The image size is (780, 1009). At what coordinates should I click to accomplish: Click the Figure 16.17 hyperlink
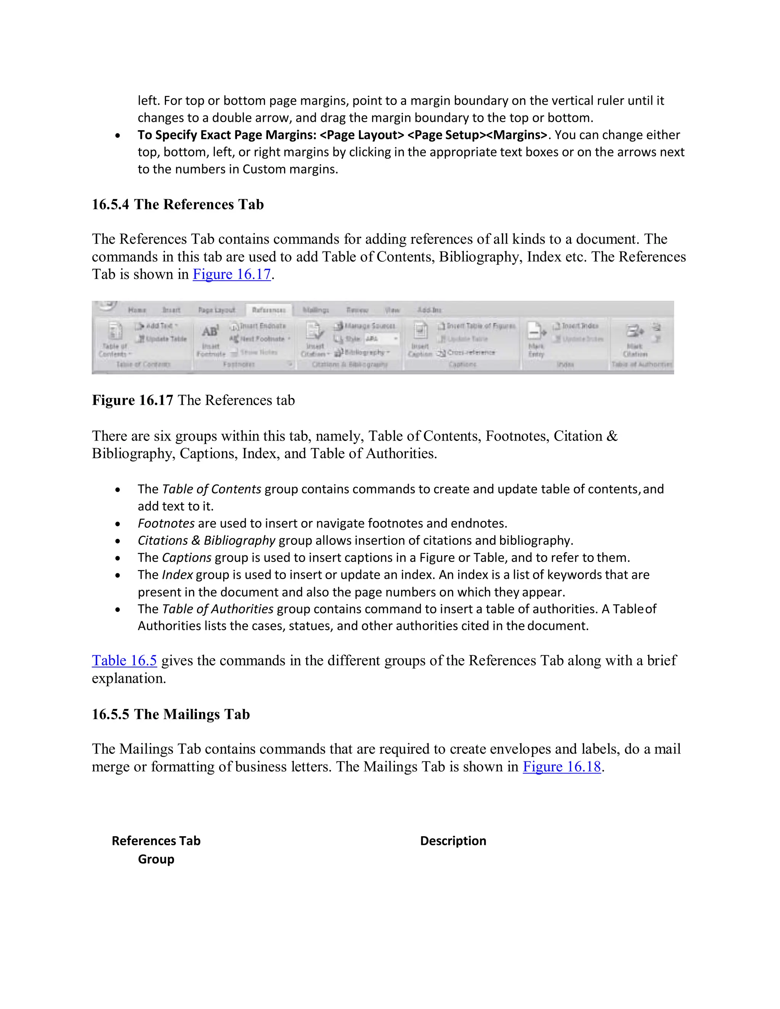point(232,275)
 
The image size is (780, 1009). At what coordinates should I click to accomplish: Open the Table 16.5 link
point(124,661)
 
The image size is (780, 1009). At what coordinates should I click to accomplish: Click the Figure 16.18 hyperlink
point(561,767)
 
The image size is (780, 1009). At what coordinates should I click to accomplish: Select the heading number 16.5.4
point(110,205)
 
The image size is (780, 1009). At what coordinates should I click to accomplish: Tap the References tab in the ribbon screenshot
point(269,310)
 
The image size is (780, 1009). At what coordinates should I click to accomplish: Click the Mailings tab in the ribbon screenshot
point(316,310)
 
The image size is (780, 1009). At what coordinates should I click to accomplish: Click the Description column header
point(453,841)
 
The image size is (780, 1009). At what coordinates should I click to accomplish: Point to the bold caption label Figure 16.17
point(133,400)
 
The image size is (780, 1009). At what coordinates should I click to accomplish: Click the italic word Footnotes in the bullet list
point(166,524)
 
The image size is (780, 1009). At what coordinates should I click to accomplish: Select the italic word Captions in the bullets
point(187,558)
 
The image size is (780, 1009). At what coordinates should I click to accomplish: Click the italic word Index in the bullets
point(177,575)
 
